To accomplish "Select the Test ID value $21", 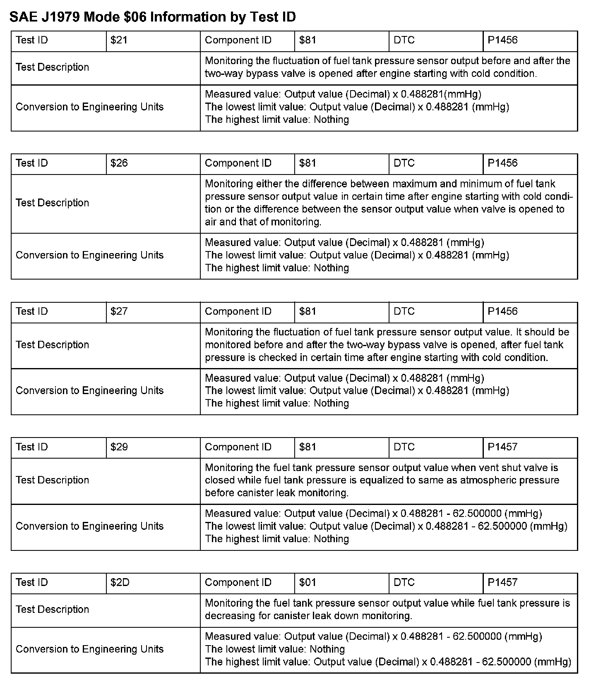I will click(119, 41).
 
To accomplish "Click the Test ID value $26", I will click(119, 163).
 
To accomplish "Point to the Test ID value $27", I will click(119, 311).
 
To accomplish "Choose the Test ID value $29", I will click(119, 447).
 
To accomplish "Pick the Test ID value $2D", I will click(120, 583).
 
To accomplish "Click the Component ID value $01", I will click(308, 583).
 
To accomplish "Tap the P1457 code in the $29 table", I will click(502, 447).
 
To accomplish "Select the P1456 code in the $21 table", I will click(502, 41).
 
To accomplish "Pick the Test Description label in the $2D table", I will click(52, 610).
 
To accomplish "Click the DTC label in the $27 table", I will click(404, 311).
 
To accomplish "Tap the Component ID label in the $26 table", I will click(238, 163).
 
